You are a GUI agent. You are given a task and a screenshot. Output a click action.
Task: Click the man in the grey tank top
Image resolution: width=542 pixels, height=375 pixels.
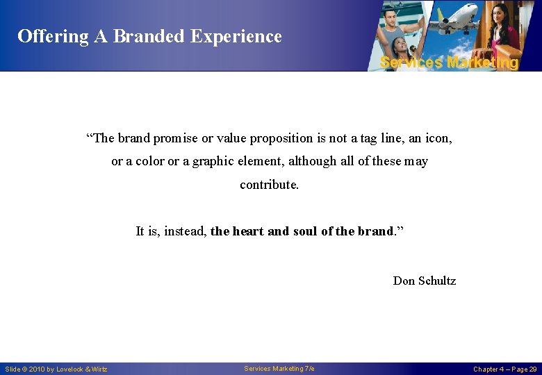click(x=401, y=28)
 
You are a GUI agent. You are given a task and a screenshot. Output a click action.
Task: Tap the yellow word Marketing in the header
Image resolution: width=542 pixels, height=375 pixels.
click(x=483, y=62)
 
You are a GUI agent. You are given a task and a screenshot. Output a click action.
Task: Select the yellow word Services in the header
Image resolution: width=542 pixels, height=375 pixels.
click(x=411, y=62)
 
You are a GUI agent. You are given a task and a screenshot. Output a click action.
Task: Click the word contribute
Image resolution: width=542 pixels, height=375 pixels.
click(x=269, y=185)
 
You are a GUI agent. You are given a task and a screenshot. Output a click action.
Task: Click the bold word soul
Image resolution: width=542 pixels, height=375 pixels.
click(x=304, y=231)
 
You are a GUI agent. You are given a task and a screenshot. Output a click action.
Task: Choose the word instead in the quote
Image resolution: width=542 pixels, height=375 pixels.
click(x=186, y=231)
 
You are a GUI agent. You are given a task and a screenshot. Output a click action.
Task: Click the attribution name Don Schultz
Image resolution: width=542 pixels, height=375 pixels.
click(x=424, y=281)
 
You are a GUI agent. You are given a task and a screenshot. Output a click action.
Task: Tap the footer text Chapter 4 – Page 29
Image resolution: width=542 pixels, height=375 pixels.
click(x=504, y=369)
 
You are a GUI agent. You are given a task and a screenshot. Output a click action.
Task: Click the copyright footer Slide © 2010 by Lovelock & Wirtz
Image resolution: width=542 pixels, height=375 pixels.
click(x=56, y=369)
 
